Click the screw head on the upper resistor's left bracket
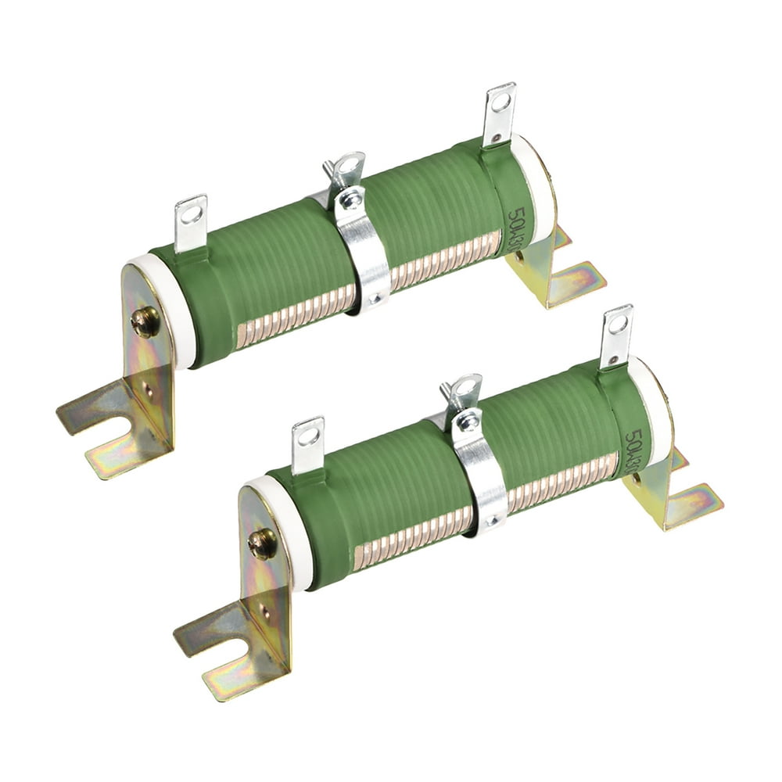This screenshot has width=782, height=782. click(145, 321)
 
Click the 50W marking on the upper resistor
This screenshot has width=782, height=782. click(517, 227)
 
